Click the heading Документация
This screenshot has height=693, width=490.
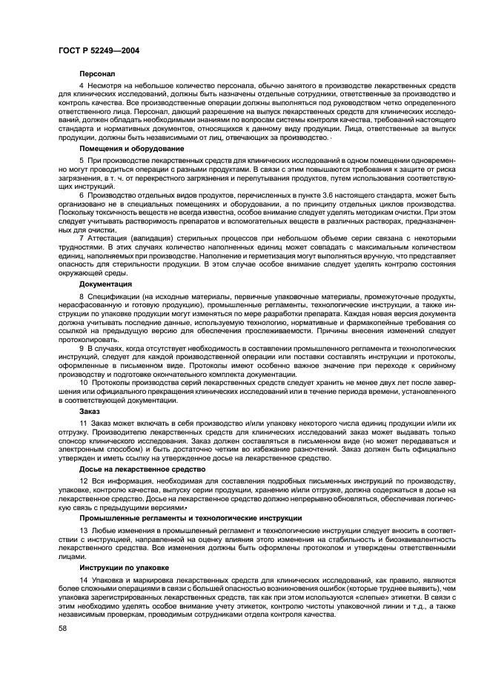tap(106, 284)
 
